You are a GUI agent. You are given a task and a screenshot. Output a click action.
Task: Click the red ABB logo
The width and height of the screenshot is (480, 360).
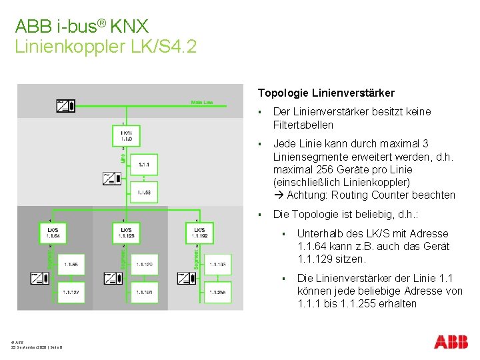click(451, 342)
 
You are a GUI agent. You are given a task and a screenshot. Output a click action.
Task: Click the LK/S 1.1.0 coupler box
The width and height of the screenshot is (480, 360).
click(126, 137)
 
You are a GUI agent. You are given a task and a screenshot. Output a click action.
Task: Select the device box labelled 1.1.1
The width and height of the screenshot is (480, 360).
click(144, 165)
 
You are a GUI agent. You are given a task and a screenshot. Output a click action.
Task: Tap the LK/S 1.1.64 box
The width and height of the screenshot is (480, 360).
click(53, 233)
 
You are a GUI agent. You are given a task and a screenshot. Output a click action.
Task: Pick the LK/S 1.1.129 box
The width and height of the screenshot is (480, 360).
click(126, 233)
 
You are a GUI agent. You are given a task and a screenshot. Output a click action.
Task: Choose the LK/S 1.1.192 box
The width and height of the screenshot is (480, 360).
click(199, 233)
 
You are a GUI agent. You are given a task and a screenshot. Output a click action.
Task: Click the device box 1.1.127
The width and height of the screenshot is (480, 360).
click(71, 292)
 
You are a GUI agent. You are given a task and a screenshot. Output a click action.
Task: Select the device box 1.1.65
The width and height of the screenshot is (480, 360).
click(71, 265)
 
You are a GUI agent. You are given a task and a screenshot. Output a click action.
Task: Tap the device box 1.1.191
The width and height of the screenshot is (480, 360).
click(144, 292)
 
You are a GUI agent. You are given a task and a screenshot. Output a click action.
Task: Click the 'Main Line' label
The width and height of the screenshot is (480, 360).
click(202, 103)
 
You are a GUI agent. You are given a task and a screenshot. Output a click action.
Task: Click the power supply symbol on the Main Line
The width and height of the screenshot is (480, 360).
click(65, 105)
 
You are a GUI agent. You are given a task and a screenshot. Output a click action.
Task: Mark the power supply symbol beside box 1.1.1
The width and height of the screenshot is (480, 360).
click(111, 178)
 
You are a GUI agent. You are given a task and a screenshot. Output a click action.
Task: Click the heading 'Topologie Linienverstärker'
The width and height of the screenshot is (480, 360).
click(326, 93)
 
